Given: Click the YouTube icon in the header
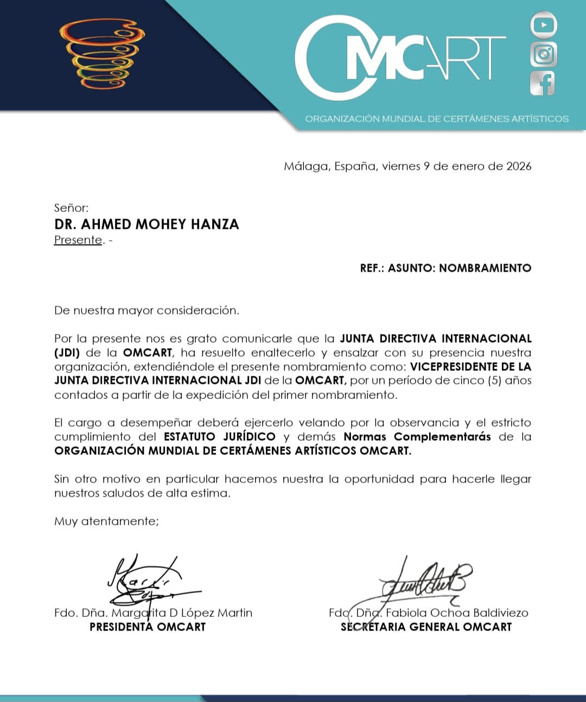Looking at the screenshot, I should (x=543, y=25).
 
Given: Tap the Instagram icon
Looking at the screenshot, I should (x=543, y=54).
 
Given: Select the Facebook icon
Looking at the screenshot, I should (x=543, y=83).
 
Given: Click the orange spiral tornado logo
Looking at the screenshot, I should (x=103, y=54).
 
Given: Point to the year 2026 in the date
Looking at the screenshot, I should (x=519, y=166).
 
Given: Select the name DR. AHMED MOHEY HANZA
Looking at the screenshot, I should (x=146, y=224).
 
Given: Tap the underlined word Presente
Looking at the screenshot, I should (x=78, y=240).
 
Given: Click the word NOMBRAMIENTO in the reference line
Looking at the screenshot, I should (x=485, y=268).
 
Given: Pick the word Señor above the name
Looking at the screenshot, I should (x=71, y=208).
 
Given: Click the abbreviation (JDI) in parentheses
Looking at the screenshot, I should (x=67, y=352).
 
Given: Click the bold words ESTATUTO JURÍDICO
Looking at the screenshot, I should (x=219, y=437).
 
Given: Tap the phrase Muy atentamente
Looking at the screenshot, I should (x=106, y=521).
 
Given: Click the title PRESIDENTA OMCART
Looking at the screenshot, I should (x=148, y=627).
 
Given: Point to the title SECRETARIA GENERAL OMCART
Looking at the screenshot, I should (x=426, y=627).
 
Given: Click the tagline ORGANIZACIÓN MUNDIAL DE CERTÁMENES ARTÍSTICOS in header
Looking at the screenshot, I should (x=437, y=119).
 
